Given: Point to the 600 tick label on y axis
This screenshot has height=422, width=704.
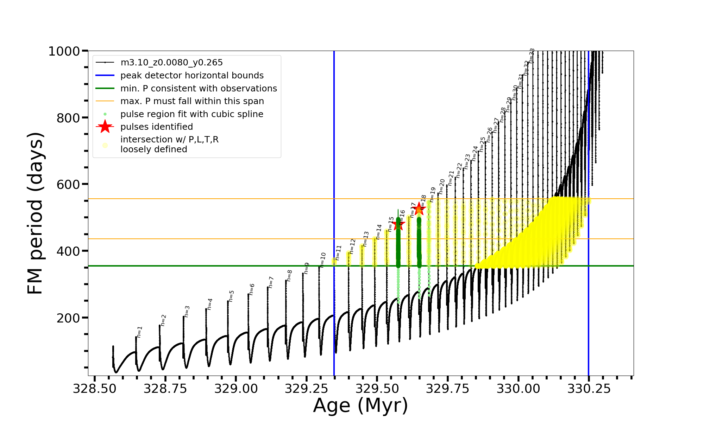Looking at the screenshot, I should click(68, 184).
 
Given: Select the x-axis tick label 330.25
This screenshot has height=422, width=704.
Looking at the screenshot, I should click(589, 389).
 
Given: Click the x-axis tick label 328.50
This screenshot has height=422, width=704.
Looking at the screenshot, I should click(94, 389).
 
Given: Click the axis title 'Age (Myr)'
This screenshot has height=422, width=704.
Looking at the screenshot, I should click(360, 405).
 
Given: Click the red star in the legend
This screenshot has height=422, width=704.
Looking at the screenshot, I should click(105, 127).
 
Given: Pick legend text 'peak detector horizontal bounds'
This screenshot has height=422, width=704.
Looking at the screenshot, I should click(192, 76).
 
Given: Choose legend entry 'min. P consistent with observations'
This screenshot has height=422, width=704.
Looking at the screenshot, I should click(199, 89).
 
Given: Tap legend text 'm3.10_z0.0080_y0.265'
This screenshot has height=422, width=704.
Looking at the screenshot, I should click(171, 63).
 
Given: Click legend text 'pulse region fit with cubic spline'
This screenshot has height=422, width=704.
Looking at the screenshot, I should click(191, 114).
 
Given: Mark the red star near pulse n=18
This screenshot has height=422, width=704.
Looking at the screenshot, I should click(419, 209).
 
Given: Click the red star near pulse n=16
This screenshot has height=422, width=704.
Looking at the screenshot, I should click(398, 224).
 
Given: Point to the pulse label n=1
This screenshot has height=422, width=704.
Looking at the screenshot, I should click(140, 332).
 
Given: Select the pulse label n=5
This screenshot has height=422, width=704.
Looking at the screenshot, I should click(231, 296).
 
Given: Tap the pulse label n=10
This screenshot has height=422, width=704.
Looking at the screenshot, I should click(323, 260).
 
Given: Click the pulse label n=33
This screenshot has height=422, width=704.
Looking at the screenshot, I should click(532, 56).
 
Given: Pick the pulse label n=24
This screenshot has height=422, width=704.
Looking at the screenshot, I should click(475, 154).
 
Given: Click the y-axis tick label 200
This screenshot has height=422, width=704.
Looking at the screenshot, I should click(68, 318).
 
